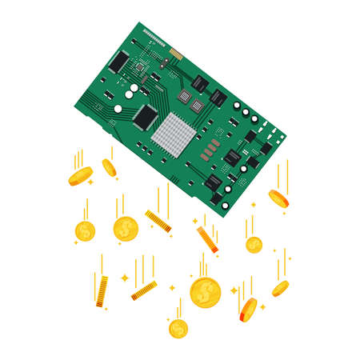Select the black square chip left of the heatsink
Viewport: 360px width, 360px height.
(x=146, y=116)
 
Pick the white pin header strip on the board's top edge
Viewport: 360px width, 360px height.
(x=152, y=34)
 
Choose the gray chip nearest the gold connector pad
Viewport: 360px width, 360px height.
(x=198, y=82)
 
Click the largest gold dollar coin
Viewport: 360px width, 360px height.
(x=205, y=292)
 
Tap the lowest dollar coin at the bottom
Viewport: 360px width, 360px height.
(x=178, y=328)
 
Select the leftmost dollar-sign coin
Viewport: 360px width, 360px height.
(x=85, y=231)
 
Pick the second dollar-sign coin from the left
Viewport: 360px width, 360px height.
(x=126, y=230)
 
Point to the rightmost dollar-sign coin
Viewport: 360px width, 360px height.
(x=254, y=245)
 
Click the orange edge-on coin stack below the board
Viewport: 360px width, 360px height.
(x=207, y=239)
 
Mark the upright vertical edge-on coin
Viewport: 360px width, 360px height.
(x=102, y=291)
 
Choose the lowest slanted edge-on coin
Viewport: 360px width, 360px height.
(x=144, y=290)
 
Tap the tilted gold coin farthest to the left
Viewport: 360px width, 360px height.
(x=80, y=176)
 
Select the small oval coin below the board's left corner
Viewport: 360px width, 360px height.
(x=109, y=167)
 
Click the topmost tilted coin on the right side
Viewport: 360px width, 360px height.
(x=278, y=198)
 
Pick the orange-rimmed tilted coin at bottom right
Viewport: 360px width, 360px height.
(x=248, y=310)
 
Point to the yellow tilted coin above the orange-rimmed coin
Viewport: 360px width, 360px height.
(x=280, y=288)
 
